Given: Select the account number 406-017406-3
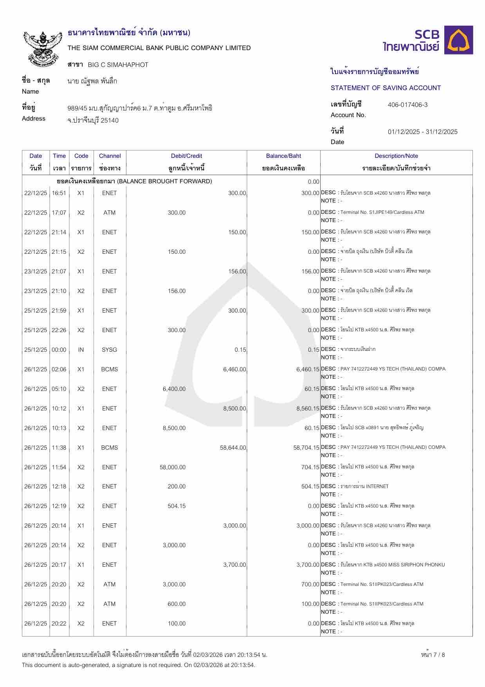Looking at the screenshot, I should [407, 105].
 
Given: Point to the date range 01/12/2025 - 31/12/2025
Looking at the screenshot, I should [422, 132].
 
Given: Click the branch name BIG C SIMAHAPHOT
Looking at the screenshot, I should [118, 65].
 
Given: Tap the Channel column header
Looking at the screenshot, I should [110, 156].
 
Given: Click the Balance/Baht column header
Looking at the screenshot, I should [283, 156].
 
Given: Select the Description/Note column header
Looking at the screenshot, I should [396, 156].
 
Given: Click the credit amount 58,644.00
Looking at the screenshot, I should [233, 448].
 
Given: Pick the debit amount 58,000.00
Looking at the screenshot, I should [173, 467].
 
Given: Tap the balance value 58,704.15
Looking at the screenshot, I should [306, 448].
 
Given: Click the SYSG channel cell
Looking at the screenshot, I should [109, 350].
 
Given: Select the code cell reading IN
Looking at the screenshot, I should [81, 350].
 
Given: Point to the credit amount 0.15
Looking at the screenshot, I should [240, 350].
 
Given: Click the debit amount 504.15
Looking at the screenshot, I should [177, 506].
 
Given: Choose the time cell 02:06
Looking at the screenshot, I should [59, 369].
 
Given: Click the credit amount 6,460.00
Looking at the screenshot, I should [234, 369].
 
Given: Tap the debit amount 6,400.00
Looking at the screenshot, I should [174, 389].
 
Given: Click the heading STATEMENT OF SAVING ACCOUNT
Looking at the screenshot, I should [386, 88].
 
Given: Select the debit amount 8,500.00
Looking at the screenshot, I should [174, 428].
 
